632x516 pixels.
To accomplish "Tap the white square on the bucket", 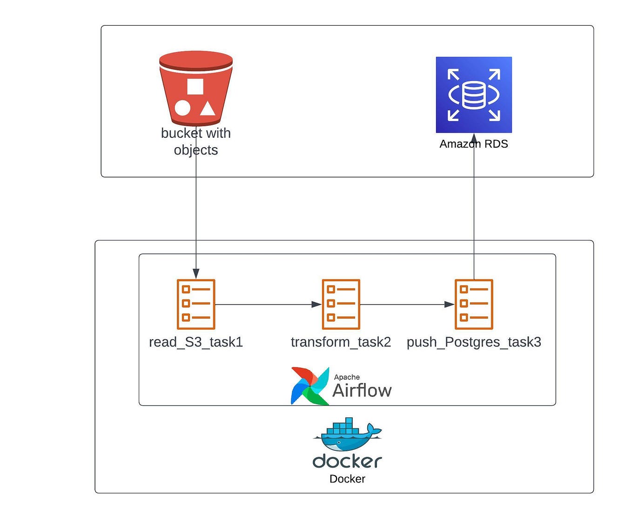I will tap(195, 87).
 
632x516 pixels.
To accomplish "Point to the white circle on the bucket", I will tap(182, 108).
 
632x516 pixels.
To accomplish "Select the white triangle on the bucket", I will tap(208, 109).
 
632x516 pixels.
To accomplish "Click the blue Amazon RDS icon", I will tap(474, 95).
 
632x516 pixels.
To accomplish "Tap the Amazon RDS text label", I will tap(474, 144).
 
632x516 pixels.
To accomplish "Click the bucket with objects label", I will tap(196, 142).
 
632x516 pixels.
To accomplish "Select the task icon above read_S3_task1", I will tap(196, 304).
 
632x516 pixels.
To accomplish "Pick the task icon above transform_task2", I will tap(341, 304).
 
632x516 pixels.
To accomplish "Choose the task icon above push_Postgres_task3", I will tap(474, 304).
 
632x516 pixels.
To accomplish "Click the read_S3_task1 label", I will tap(196, 342).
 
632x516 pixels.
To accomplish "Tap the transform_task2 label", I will tap(341, 342).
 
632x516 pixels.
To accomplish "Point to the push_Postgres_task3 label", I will tap(474, 342).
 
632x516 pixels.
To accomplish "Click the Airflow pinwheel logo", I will tap(309, 386).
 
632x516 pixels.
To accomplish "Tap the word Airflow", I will tap(362, 390).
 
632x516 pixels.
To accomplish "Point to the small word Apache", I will tap(347, 377).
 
